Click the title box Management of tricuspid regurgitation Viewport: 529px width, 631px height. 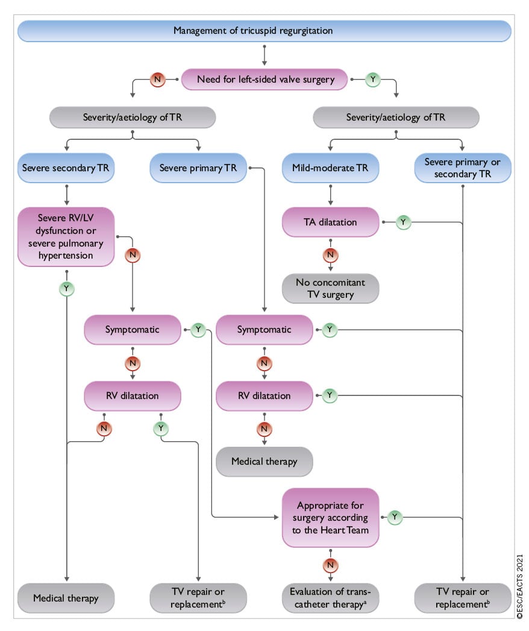(x=264, y=30)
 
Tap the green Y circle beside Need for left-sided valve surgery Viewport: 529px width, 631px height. (x=373, y=78)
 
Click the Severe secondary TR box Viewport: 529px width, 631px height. (x=66, y=168)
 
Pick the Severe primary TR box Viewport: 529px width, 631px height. (x=198, y=168)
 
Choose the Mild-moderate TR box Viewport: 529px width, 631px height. (x=331, y=168)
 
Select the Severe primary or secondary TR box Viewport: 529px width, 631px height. (x=463, y=168)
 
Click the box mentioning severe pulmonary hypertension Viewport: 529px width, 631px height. (x=66, y=237)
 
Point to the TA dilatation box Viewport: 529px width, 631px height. (x=331, y=222)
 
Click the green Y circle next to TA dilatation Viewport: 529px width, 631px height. (x=403, y=222)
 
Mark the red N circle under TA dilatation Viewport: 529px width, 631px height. (x=331, y=255)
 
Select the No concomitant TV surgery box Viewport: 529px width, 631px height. (x=331, y=289)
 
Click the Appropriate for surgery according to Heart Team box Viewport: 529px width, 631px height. (x=330, y=516)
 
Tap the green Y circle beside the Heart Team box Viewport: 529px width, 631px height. (x=395, y=516)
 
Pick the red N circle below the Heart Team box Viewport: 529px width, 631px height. (x=331, y=565)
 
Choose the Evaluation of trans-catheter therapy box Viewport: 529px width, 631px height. (x=331, y=598)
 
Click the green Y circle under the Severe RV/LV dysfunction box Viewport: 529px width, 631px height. (x=66, y=289)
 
